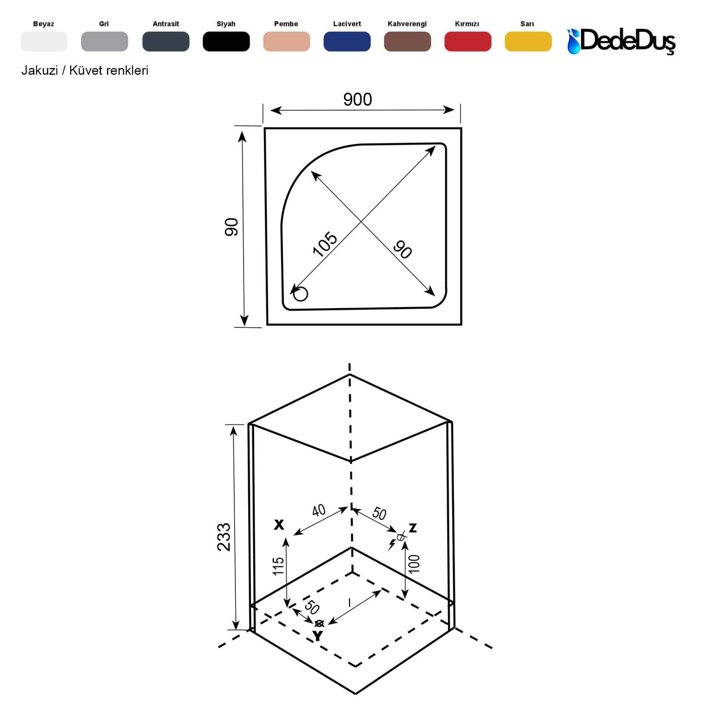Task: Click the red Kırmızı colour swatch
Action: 467,42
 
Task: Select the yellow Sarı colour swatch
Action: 528,42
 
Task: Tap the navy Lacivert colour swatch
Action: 347,42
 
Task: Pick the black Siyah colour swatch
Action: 226,42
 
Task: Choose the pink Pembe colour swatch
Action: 286,42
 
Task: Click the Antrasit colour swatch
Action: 166,42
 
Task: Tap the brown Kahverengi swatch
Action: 407,42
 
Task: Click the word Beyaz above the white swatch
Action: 44,24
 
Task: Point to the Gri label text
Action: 104,24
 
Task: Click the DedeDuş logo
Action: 622,41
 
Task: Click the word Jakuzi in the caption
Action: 39,71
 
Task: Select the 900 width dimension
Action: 357,100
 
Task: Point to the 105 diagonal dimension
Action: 325,244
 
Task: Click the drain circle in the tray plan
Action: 300,294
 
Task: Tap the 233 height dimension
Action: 224,537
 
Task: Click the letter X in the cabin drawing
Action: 279,525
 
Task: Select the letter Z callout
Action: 413,528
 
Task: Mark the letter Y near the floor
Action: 318,636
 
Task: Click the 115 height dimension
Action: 279,566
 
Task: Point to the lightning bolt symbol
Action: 392,544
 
